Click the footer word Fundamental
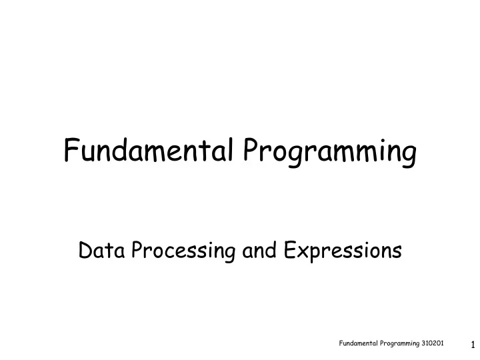coord(358,343)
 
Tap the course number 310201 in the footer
coord(434,343)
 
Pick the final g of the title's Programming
coord(409,156)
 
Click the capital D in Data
coord(85,251)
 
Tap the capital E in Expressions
coord(289,251)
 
